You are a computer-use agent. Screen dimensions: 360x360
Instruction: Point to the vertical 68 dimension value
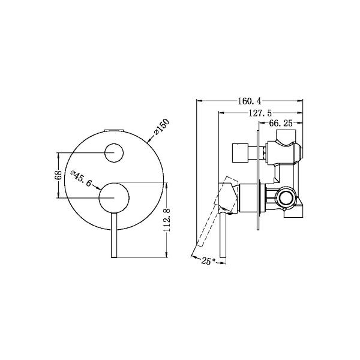(x=58, y=175)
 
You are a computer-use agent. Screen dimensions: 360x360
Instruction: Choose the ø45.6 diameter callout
(x=81, y=178)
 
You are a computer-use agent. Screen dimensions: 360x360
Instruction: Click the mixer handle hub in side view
(x=246, y=197)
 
